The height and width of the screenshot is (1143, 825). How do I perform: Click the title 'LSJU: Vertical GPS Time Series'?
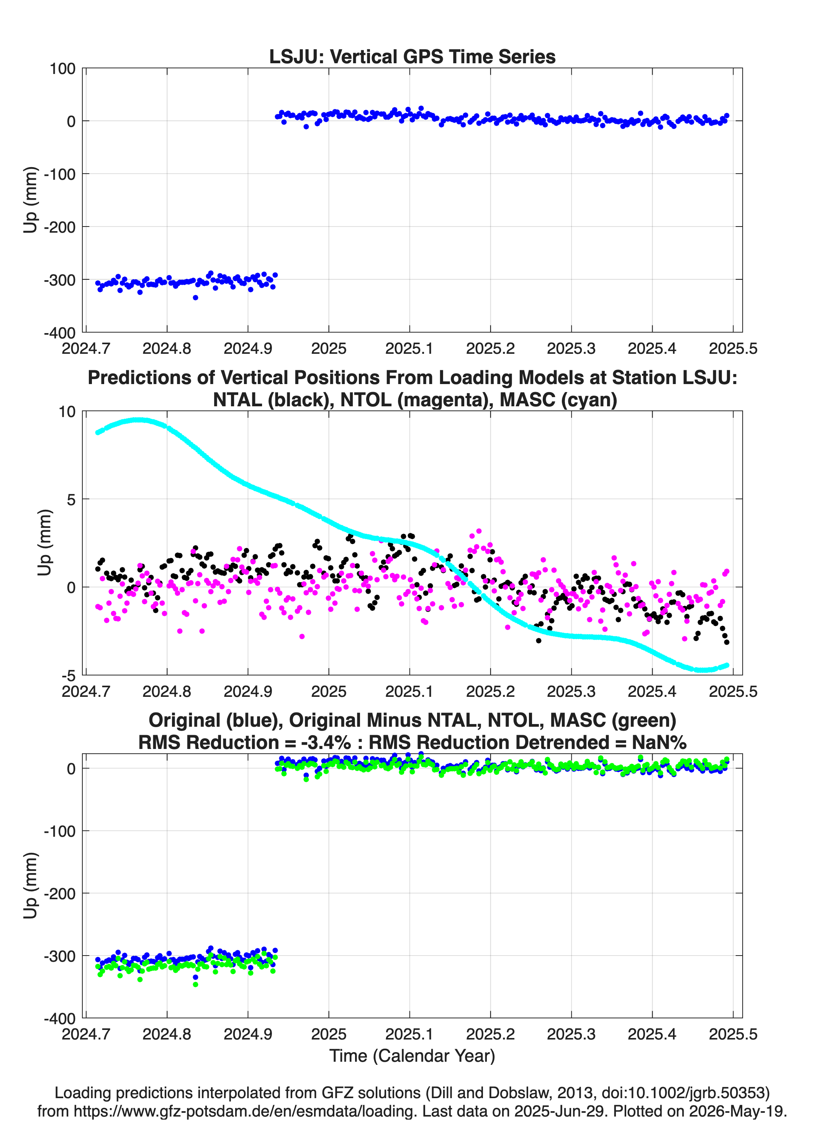click(412, 56)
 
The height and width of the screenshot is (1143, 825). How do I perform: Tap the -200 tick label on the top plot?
click(59, 227)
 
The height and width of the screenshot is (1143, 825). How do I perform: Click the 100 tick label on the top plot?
click(62, 69)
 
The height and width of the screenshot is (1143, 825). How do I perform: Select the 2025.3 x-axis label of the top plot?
click(571, 348)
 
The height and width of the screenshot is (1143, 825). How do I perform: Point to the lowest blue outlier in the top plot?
click(195, 297)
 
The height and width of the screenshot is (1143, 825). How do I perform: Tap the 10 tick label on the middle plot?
click(67, 411)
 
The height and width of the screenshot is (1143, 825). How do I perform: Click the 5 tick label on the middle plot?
click(71, 499)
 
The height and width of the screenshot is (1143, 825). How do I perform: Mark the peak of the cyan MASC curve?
click(139, 420)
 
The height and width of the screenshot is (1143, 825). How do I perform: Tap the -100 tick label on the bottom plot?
click(59, 831)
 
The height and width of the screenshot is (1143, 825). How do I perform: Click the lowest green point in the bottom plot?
click(195, 984)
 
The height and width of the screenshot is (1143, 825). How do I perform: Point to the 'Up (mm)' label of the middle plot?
click(44, 542)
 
